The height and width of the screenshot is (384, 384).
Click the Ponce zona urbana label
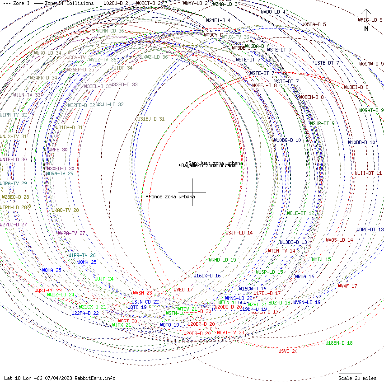(x=172, y=197)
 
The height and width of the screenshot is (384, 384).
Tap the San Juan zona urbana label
(x=215, y=163)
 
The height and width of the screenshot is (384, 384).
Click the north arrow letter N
(x=366, y=28)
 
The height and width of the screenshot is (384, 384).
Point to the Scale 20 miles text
(x=357, y=378)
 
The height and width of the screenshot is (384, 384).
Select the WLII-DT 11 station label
(x=368, y=173)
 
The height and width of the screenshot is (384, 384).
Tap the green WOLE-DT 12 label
(x=300, y=213)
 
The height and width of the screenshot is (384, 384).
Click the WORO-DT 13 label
(x=370, y=230)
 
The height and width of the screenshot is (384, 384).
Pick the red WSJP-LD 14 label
(x=239, y=233)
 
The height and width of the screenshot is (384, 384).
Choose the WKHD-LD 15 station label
(x=222, y=260)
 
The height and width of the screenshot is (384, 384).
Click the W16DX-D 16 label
(x=207, y=276)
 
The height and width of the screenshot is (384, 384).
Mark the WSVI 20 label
(x=288, y=351)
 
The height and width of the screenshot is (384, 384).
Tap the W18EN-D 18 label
(x=339, y=343)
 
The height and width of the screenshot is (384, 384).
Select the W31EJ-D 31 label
(x=151, y=119)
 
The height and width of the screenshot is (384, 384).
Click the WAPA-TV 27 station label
(x=71, y=233)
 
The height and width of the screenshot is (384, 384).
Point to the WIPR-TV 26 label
(x=82, y=255)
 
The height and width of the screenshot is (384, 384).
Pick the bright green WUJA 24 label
(x=104, y=279)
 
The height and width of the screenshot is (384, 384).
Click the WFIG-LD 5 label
(x=370, y=20)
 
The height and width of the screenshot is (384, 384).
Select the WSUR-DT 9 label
(x=322, y=123)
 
